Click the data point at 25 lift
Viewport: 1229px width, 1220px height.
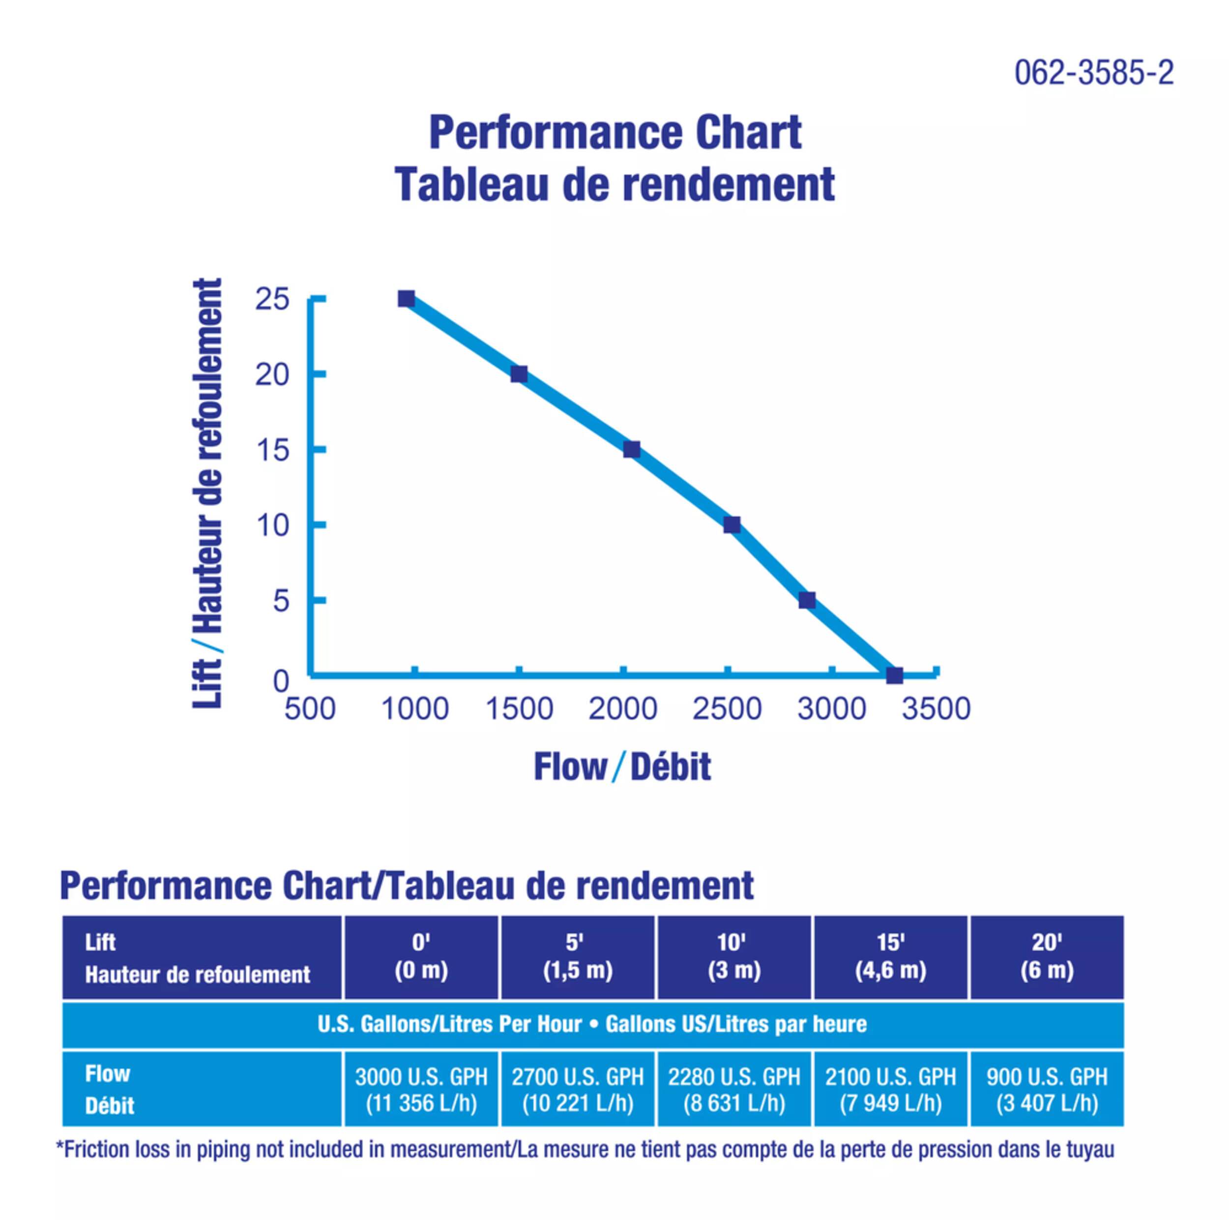click(407, 299)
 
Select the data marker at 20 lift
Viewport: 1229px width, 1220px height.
click(519, 374)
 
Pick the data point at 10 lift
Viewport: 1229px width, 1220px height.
click(732, 525)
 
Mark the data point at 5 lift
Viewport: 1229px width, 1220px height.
click(807, 600)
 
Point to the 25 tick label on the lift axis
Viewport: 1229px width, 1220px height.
click(272, 299)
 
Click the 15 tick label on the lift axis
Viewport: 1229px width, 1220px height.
click(272, 451)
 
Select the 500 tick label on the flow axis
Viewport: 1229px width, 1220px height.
click(310, 709)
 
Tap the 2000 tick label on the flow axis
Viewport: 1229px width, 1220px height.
click(623, 709)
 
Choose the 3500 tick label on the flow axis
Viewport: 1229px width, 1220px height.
click(936, 709)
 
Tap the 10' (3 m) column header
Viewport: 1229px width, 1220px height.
click(734, 956)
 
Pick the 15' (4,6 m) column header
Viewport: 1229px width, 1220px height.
click(891, 956)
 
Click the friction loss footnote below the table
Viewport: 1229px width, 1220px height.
click(585, 1149)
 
